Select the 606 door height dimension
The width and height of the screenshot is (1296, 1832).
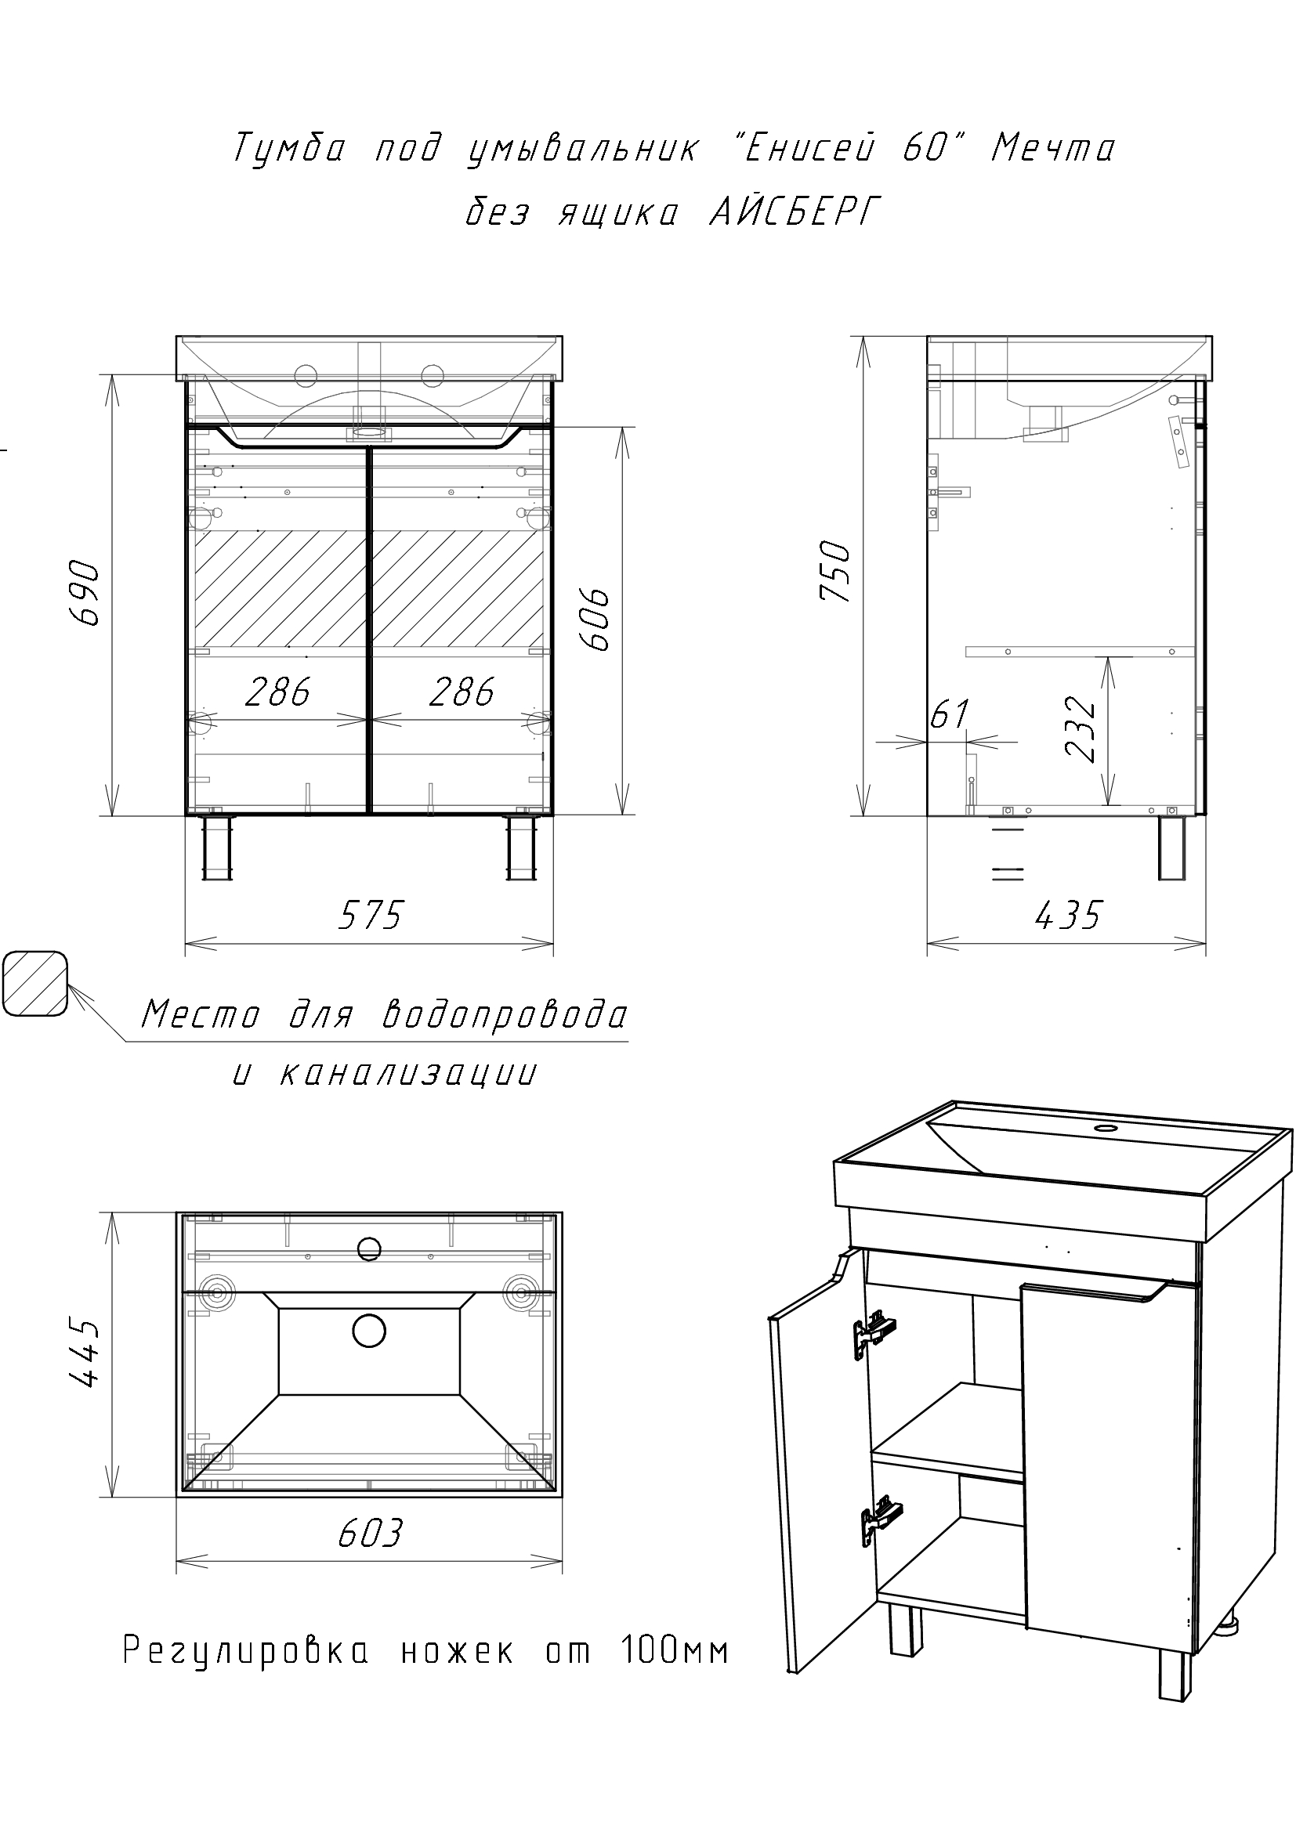(x=596, y=620)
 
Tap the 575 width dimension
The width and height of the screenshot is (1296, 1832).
(x=371, y=914)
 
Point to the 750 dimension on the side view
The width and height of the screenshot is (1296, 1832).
(x=837, y=571)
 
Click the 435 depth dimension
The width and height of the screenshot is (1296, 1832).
(x=1068, y=914)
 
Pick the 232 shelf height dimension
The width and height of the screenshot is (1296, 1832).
(x=1081, y=730)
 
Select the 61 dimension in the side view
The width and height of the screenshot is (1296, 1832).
(x=950, y=713)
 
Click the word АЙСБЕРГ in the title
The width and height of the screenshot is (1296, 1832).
(x=795, y=212)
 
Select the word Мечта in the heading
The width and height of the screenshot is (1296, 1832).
(x=1052, y=148)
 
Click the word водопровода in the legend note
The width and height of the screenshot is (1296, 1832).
(x=506, y=1015)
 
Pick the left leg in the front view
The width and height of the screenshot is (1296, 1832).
(x=218, y=848)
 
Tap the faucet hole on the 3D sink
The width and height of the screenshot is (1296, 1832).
(x=1105, y=1128)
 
